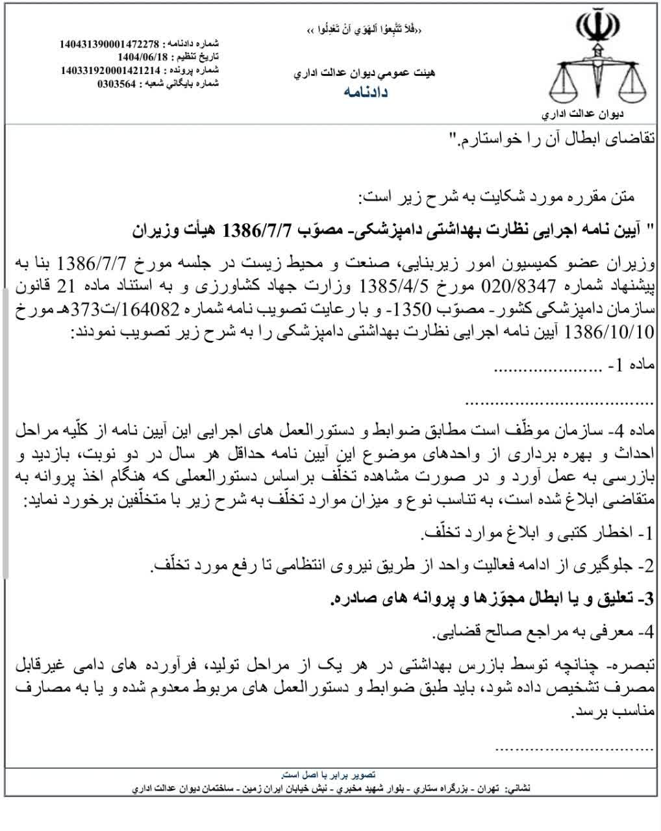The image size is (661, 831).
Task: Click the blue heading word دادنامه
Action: tap(366, 92)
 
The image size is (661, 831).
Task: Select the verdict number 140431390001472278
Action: tap(109, 44)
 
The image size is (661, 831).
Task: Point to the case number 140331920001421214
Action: tap(110, 70)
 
